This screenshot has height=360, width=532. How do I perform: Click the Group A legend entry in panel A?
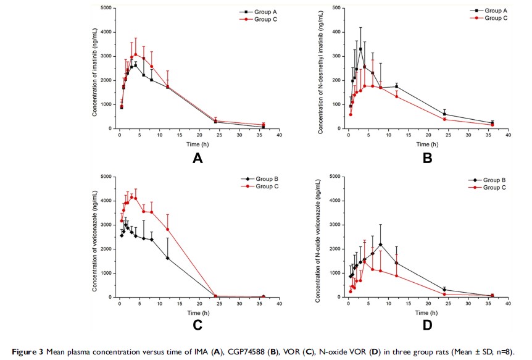[254, 12]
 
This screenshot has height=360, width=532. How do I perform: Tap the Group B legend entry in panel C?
[254, 180]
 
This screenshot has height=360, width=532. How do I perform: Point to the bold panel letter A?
[197, 159]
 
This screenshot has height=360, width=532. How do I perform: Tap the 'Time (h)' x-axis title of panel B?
[427, 144]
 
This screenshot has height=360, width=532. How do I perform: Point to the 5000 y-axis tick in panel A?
[105, 8]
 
